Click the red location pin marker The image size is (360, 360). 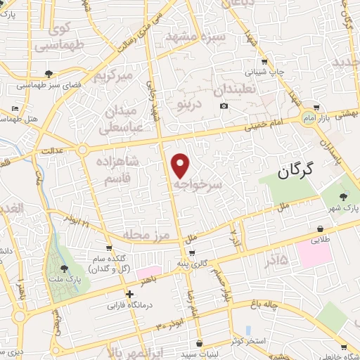(x=181, y=165)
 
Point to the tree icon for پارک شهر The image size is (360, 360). (x=344, y=196)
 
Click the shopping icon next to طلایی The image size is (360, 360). (x=321, y=229)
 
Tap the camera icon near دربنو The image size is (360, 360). (x=224, y=106)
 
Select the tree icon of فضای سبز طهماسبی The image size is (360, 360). (x=48, y=73)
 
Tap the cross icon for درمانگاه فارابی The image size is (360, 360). (x=129, y=295)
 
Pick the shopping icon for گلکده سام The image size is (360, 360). (x=109, y=247)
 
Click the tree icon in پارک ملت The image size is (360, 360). (x=65, y=268)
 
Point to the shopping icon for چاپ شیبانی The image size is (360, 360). (x=264, y=61)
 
